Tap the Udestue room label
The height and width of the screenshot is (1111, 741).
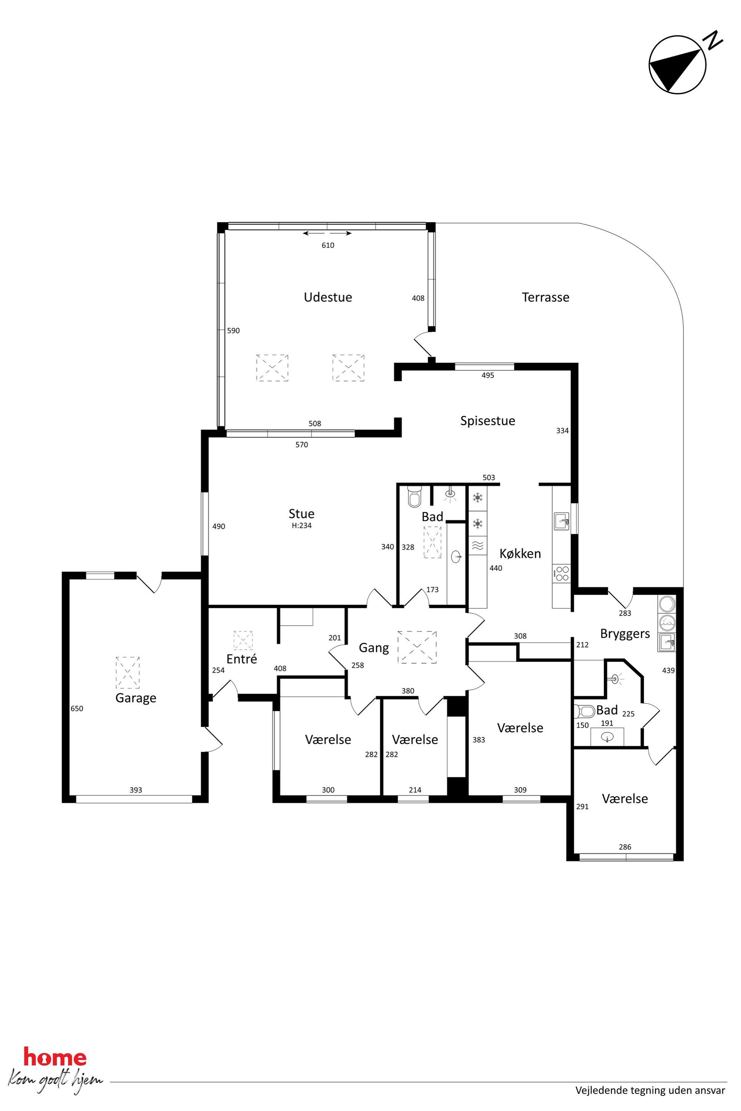tap(328, 297)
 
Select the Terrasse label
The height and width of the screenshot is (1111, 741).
tap(545, 297)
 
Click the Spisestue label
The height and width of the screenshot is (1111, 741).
tap(488, 420)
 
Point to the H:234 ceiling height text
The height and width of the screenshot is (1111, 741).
tap(301, 525)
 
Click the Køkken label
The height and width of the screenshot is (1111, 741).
tap(520, 553)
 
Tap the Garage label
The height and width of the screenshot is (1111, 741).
tap(136, 698)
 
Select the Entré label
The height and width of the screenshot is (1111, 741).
tap(242, 659)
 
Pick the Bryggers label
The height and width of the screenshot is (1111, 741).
tap(625, 634)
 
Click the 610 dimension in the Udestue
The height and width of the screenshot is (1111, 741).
tap(328, 245)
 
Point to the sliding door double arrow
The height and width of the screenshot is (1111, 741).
tap(327, 233)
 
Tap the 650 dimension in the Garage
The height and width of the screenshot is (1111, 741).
tap(77, 709)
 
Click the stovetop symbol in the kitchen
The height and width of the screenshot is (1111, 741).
tap(562, 573)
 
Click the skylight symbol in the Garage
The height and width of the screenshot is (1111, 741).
tap(128, 672)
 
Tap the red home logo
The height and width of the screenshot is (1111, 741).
tap(55, 1058)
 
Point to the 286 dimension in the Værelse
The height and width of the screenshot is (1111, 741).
tap(625, 847)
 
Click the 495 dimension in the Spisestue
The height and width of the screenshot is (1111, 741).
tap(488, 376)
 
